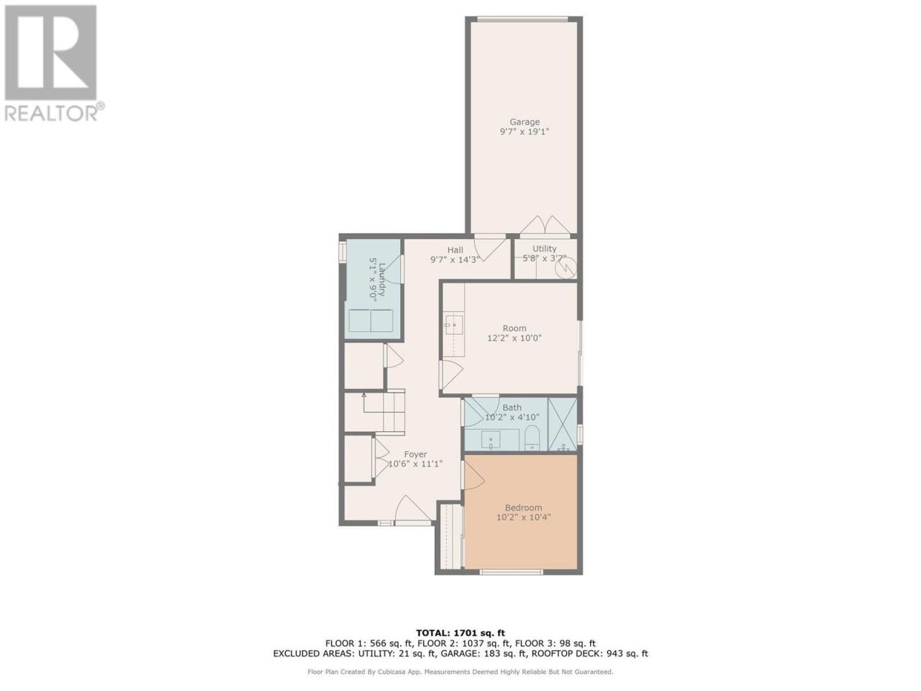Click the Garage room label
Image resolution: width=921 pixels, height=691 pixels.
[x=524, y=122]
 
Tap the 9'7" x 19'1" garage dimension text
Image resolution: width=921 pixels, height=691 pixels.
[x=524, y=132]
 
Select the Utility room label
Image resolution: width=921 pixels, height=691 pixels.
[x=544, y=248]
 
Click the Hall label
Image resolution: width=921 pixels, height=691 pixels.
[x=455, y=250]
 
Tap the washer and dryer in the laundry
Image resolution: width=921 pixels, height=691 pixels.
[x=371, y=320]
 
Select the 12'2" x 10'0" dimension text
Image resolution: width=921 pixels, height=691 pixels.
[x=514, y=338]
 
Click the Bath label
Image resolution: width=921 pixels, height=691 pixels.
[x=512, y=407]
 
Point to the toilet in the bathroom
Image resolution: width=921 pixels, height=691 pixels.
[x=532, y=438]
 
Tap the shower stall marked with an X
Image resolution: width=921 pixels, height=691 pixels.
[x=563, y=425]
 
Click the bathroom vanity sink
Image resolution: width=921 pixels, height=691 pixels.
[x=491, y=440]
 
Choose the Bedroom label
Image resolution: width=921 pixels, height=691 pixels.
[x=523, y=507]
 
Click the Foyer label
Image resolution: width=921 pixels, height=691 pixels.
[x=415, y=454]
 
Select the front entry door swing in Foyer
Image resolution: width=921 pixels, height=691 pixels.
[x=413, y=508]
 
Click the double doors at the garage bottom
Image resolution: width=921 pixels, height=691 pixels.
[x=545, y=225]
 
